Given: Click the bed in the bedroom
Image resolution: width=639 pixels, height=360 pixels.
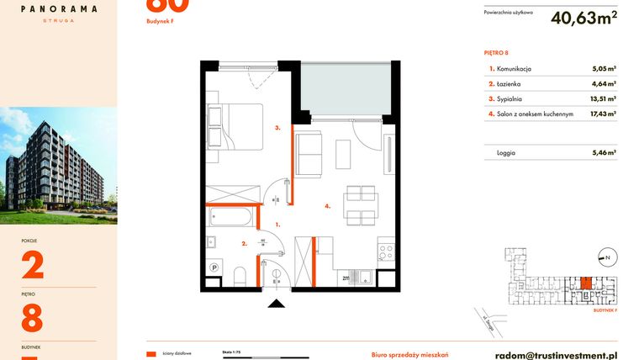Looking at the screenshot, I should click(235, 125).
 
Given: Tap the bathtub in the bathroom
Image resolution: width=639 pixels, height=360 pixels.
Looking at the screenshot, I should click(230, 216).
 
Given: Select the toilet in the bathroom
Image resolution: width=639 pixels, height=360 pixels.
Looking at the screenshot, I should click(240, 273).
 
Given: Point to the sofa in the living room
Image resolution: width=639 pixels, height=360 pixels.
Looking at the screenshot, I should click(309, 156).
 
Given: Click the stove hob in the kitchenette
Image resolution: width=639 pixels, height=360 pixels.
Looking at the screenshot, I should click(388, 249).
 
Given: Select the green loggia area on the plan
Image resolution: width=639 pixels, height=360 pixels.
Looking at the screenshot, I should click(345, 88).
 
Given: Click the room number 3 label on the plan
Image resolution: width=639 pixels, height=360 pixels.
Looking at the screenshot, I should click(277, 128).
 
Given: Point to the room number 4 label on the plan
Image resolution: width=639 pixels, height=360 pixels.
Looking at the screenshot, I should click(328, 205).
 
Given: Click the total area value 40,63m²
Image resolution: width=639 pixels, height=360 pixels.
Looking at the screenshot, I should click(583, 18).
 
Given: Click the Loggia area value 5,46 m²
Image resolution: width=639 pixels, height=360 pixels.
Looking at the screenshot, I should click(604, 153).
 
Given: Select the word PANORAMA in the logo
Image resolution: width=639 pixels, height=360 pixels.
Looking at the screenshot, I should click(59, 8).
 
